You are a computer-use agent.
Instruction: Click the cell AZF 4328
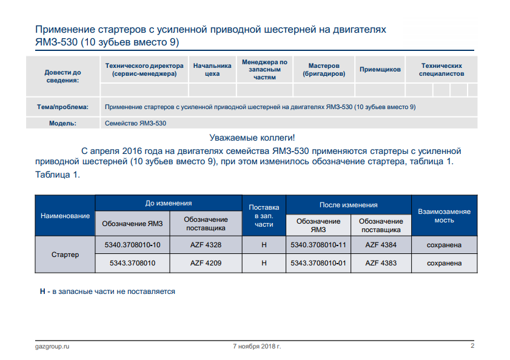(206, 245)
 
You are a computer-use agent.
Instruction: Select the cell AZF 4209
(206, 263)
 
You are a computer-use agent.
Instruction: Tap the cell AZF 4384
(381, 245)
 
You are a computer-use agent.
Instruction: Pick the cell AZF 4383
(381, 263)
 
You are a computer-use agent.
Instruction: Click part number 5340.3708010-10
(132, 245)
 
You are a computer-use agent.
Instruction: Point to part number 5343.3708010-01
(318, 263)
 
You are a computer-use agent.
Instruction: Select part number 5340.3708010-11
(318, 245)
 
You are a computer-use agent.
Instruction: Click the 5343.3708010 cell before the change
(132, 263)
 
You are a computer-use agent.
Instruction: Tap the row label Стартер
(65, 255)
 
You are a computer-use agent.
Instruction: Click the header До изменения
(169, 203)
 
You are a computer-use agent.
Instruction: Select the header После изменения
(348, 205)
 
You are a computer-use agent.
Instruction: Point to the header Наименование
(65, 216)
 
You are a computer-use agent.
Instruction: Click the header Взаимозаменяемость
(445, 216)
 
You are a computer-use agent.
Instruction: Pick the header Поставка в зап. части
(264, 216)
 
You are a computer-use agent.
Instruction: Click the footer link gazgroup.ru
(52, 346)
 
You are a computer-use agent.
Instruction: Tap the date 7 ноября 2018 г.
(257, 346)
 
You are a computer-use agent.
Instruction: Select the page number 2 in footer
(472, 345)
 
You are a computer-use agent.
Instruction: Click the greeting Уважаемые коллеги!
(252, 138)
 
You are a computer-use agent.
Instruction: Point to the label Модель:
(63, 123)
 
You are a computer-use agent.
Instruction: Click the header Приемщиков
(380, 69)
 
